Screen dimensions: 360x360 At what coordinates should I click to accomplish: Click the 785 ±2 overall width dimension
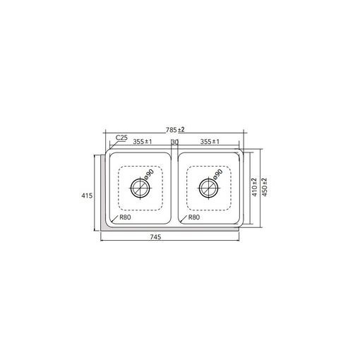pos(175,129)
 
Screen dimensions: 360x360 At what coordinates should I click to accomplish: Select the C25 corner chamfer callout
pos(121,138)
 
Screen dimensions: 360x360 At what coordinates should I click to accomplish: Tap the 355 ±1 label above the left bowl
pos(143,142)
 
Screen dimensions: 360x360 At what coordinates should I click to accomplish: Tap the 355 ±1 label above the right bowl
pos(210,142)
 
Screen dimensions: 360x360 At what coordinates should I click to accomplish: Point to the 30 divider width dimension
pos(174,142)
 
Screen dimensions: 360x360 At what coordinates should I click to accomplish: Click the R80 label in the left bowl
pos(125,217)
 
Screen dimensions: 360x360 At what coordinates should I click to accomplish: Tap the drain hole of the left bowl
pos(140,188)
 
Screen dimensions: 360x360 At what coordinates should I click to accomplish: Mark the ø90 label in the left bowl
pos(149,174)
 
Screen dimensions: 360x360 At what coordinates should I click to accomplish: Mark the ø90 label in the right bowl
pos(217,174)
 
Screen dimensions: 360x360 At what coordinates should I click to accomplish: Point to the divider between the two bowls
pos(174,188)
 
